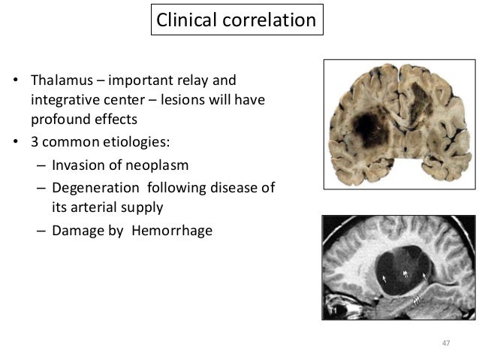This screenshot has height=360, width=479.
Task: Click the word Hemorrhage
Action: pyautogui.click(x=172, y=231)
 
